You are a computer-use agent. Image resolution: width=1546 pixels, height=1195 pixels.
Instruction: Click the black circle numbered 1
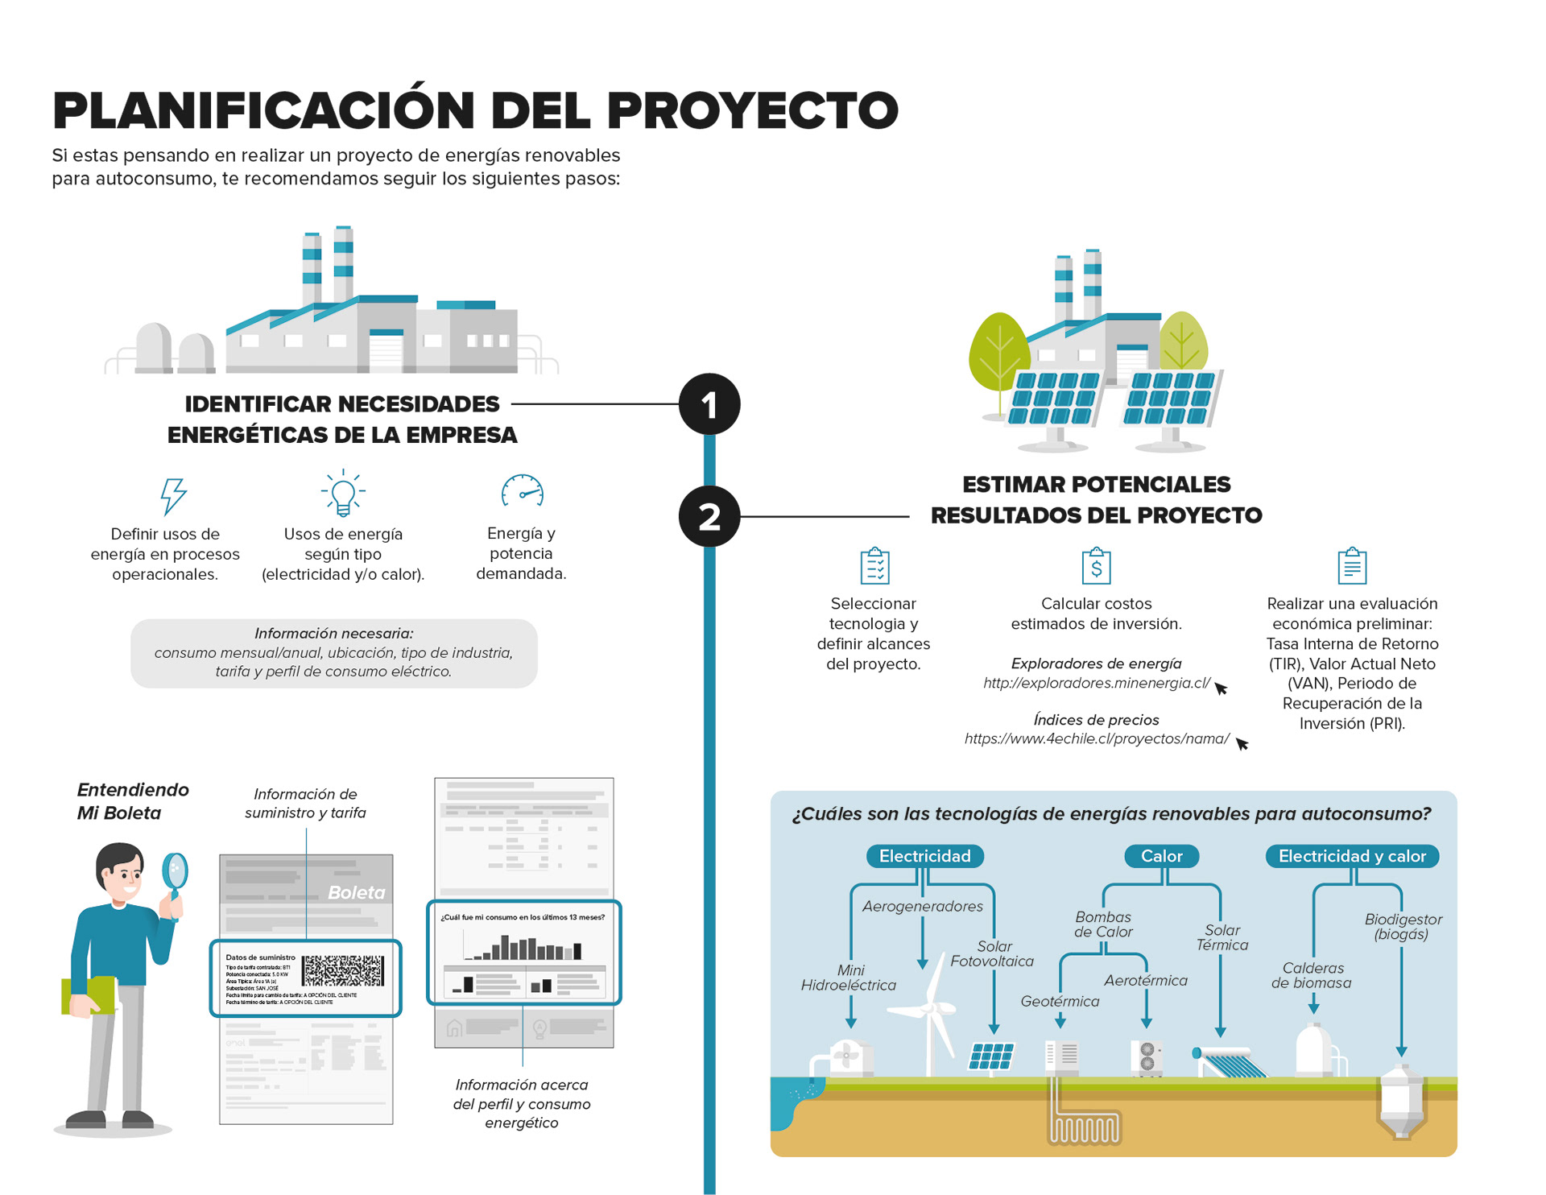point(709,404)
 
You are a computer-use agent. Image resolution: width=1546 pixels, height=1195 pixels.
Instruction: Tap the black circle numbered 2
point(709,516)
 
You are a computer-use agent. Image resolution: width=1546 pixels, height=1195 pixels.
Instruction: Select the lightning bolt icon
point(172,494)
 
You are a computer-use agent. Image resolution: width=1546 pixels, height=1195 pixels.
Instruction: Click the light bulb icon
point(343,493)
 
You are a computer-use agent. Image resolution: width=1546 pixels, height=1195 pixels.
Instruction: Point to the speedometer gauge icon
point(523,490)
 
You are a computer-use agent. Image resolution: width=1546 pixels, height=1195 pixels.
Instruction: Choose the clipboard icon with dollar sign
point(1096,566)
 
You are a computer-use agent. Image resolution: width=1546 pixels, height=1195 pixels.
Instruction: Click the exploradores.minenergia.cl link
point(1096,683)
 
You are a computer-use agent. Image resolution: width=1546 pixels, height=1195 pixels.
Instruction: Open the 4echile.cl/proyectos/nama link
point(1097,738)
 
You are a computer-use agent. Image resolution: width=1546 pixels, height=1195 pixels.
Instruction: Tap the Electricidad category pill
point(924,856)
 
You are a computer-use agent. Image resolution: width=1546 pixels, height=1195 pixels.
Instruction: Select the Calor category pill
point(1161,856)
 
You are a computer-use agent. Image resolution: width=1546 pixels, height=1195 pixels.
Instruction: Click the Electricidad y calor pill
point(1352,856)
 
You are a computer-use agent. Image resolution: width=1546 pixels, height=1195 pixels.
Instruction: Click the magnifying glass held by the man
point(175,871)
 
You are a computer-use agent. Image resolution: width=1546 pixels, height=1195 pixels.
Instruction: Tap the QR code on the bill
point(343,970)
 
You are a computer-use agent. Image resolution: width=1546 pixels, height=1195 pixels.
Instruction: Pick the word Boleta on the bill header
point(356,892)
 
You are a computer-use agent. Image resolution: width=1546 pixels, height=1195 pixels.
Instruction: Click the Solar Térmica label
point(1222,937)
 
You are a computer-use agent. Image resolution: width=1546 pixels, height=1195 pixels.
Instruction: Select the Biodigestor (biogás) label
point(1403,926)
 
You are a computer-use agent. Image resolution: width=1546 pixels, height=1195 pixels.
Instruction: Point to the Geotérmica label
point(1060,1001)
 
